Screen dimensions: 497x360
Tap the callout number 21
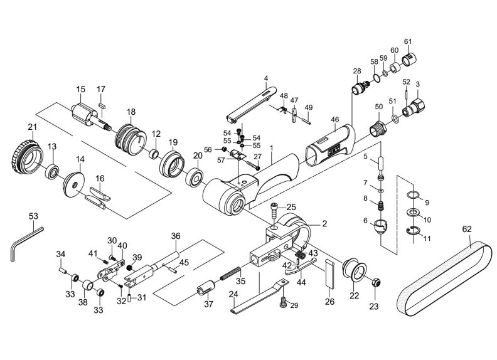tap(33, 127)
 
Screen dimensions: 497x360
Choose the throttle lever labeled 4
tap(251, 103)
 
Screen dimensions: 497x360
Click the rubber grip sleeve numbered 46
tap(330, 145)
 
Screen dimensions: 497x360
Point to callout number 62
tap(467, 229)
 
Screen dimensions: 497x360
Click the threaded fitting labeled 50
tap(378, 128)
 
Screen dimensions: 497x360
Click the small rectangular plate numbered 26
tap(329, 274)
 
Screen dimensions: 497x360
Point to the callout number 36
tap(176, 236)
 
